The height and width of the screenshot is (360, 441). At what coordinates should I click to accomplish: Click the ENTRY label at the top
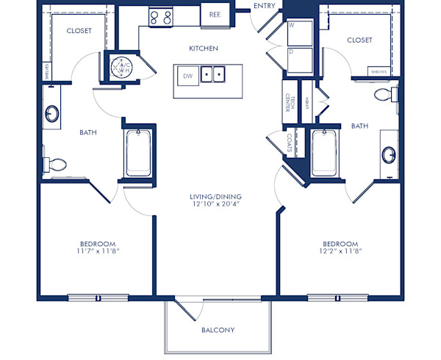pyautogui.click(x=264, y=6)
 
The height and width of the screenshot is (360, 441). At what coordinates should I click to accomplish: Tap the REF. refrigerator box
pyautogui.click(x=215, y=14)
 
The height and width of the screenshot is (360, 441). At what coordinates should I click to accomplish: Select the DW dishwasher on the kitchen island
pyautogui.click(x=187, y=75)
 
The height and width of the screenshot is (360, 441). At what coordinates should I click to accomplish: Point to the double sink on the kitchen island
pyautogui.click(x=214, y=74)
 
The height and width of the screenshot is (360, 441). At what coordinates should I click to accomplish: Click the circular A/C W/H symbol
pyautogui.click(x=121, y=66)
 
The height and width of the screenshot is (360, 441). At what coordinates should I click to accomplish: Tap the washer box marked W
pyautogui.click(x=300, y=33)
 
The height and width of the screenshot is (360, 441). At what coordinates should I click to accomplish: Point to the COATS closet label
pyautogui.click(x=290, y=144)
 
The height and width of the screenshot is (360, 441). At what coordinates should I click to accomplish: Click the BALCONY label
pyautogui.click(x=218, y=330)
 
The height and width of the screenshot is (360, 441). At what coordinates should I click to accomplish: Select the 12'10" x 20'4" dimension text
pyautogui.click(x=216, y=205)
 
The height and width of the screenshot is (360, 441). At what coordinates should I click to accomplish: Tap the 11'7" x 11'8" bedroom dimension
pyautogui.click(x=98, y=251)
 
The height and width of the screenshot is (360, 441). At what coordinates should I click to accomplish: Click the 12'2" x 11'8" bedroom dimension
pyautogui.click(x=340, y=251)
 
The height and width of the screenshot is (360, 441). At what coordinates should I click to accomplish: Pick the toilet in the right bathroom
pyautogui.click(x=384, y=95)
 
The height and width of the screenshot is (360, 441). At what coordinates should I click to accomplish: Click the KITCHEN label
pyautogui.click(x=204, y=48)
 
